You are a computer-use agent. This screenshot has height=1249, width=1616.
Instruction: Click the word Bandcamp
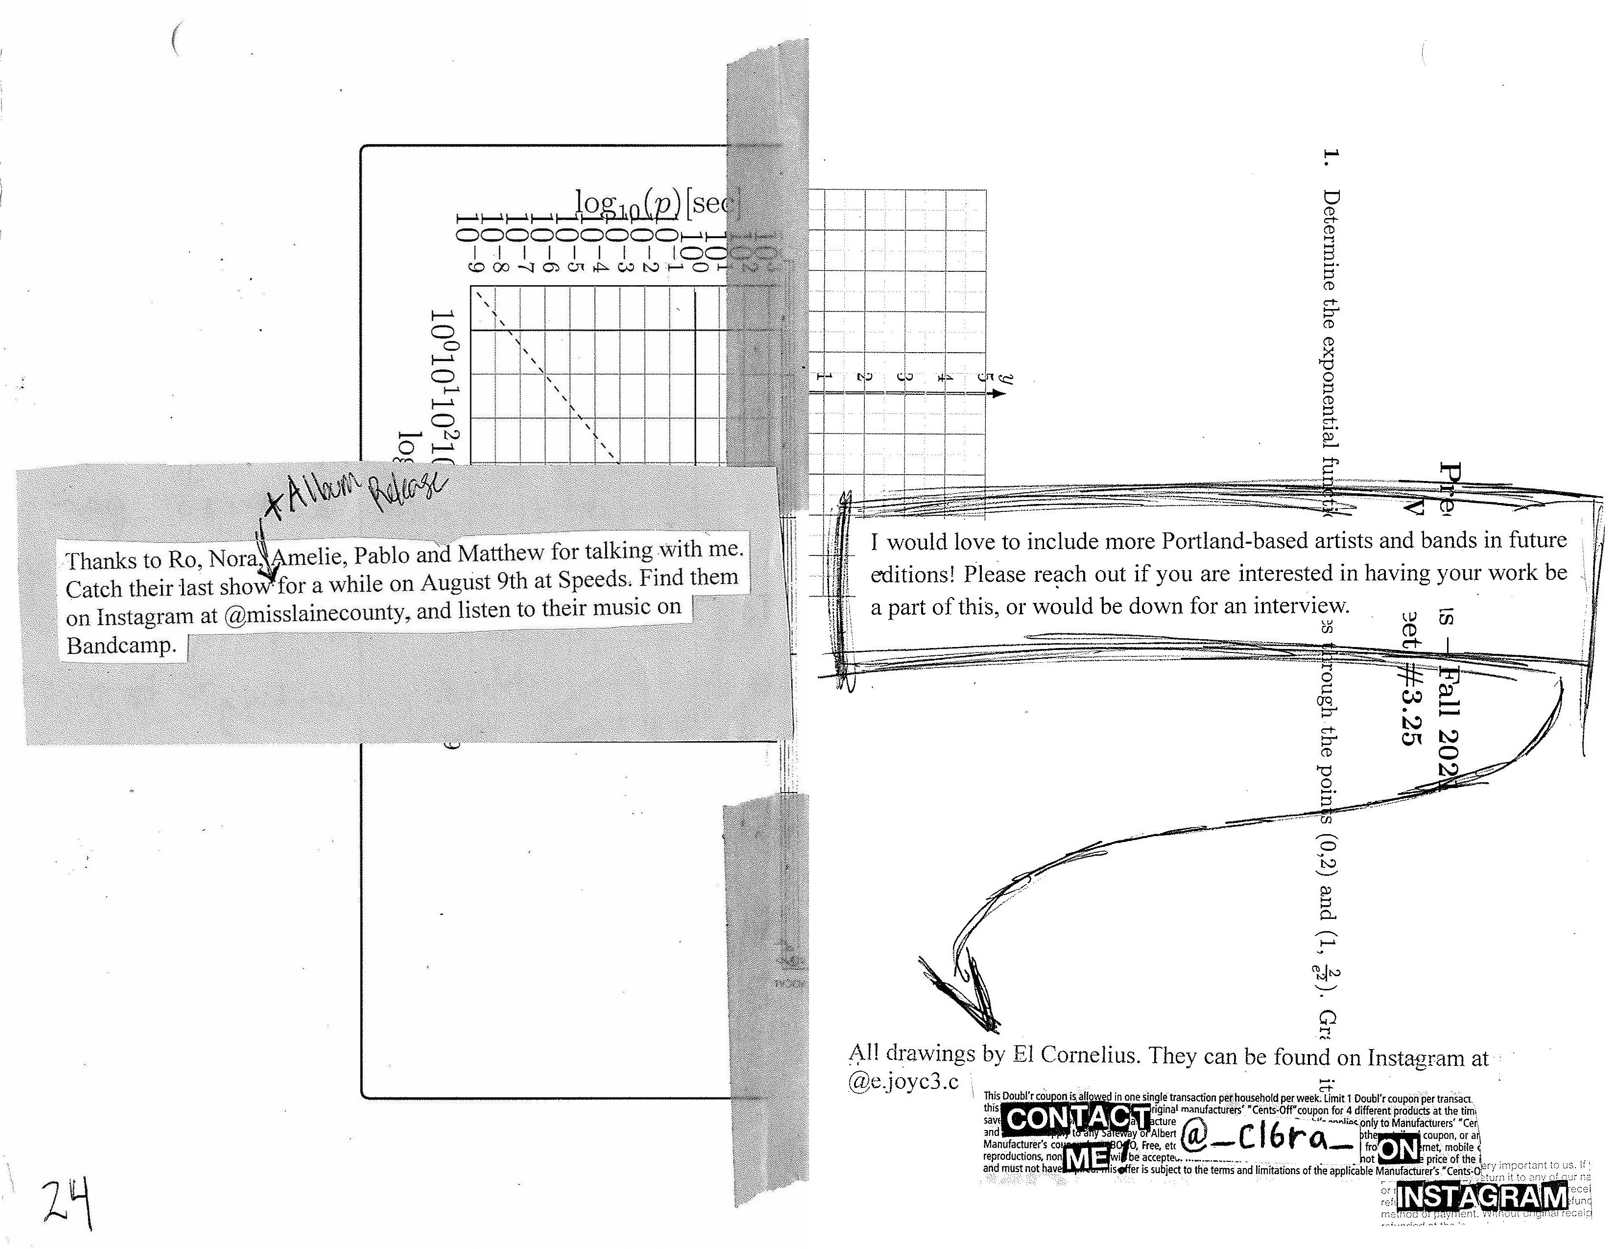coord(122,646)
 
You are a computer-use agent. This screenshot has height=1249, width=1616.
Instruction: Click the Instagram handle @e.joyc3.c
coord(903,1082)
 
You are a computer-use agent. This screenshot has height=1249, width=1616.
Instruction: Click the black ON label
coord(1399,1149)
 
